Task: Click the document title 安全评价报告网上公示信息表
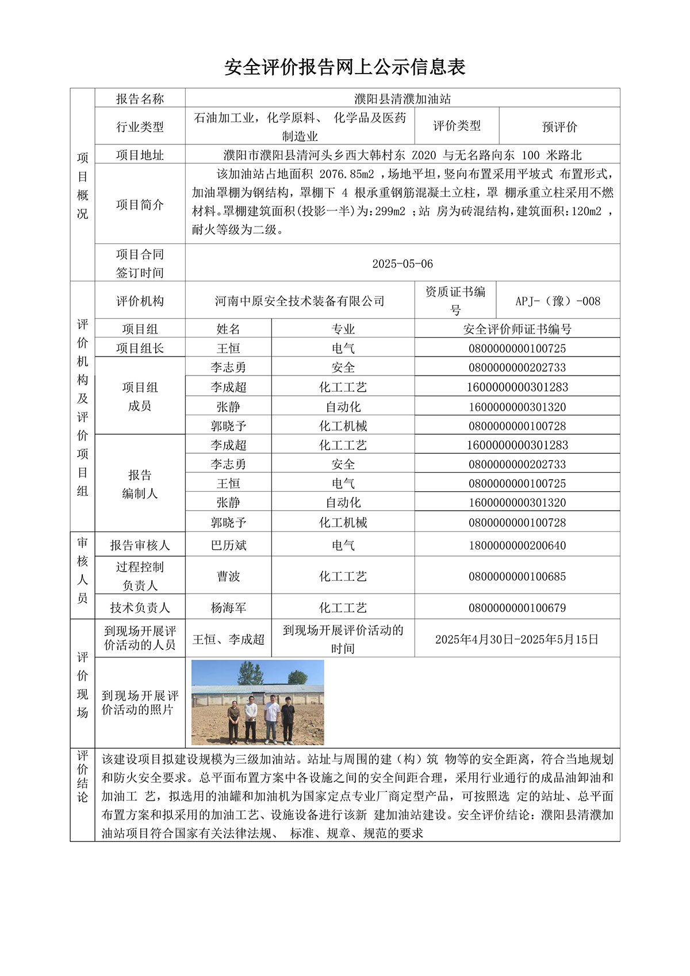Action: (x=344, y=67)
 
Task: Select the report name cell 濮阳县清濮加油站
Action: (x=402, y=99)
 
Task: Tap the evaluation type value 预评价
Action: (x=559, y=127)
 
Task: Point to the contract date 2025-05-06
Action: (x=402, y=264)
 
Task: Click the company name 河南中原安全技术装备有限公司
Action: (x=300, y=301)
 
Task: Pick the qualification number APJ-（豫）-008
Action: (x=557, y=301)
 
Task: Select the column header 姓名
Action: (x=228, y=329)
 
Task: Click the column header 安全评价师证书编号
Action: (x=517, y=329)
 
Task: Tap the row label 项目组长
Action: (x=140, y=348)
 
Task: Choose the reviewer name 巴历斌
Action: (x=228, y=545)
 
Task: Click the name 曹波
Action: (x=228, y=576)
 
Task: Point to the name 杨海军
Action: (x=228, y=608)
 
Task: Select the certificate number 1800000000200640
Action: (x=517, y=545)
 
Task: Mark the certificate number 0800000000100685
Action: (x=517, y=576)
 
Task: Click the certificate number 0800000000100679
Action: (x=517, y=608)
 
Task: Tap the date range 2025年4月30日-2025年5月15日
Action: (x=517, y=639)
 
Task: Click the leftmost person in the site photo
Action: (x=233, y=722)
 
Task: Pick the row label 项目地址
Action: (x=140, y=155)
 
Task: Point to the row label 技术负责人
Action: (x=140, y=608)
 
